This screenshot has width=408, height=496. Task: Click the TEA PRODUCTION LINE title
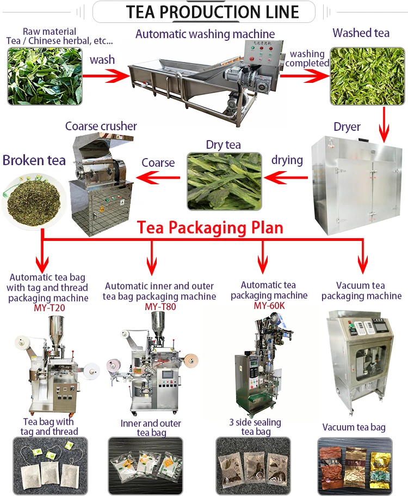click(204, 11)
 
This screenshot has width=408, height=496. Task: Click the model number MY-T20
click(48, 307)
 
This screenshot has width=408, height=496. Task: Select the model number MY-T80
click(159, 306)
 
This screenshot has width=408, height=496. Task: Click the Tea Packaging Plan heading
click(210, 227)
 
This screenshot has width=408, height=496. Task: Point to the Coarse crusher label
click(101, 126)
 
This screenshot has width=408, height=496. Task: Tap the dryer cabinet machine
click(356, 185)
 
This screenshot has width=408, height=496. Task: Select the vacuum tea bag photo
click(354, 465)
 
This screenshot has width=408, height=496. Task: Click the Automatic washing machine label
click(205, 34)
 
